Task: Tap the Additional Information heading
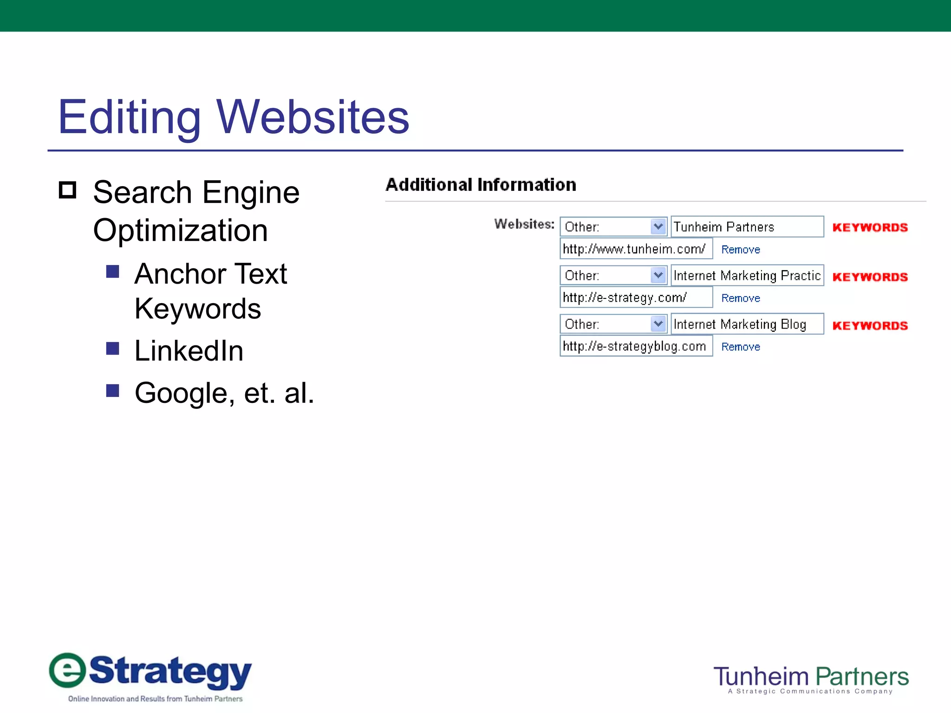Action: (x=481, y=185)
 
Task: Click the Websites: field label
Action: (x=524, y=224)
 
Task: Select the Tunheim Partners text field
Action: (x=747, y=227)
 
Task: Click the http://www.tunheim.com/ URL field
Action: (x=636, y=249)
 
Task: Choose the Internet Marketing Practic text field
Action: (x=747, y=275)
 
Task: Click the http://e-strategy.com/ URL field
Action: (x=636, y=298)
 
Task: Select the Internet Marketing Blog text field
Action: (x=747, y=324)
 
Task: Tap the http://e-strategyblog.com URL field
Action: (x=636, y=346)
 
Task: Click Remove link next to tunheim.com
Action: (x=741, y=250)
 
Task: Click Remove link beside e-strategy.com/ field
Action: (x=741, y=298)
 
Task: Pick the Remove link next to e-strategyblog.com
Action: (x=741, y=347)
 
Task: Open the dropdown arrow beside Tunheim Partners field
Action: (x=658, y=227)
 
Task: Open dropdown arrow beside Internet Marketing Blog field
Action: (x=658, y=324)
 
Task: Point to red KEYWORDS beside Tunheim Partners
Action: (x=870, y=227)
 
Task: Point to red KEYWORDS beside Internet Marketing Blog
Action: (x=870, y=326)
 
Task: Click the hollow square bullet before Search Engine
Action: (x=68, y=190)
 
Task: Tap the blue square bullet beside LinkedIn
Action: (x=113, y=348)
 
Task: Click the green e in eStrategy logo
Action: (x=68, y=670)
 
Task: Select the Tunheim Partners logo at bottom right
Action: (x=811, y=679)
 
